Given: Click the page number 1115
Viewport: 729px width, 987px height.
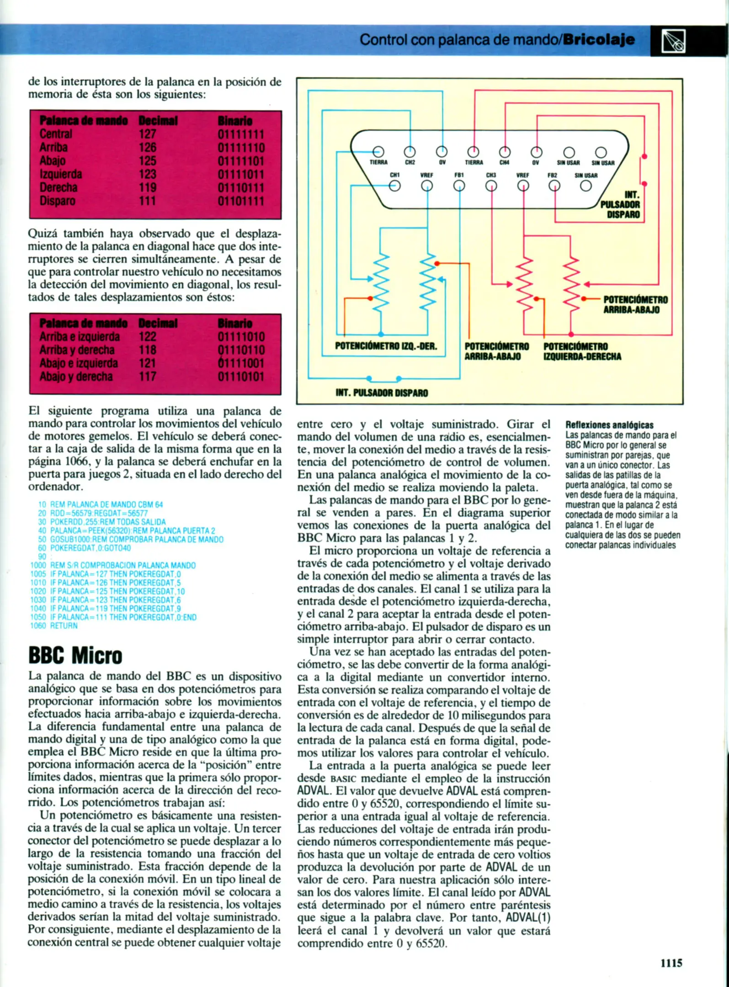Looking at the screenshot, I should coord(671,963).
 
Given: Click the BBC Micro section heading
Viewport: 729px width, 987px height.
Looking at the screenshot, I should coord(75,655).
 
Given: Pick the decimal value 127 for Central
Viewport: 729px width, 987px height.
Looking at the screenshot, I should coord(147,134).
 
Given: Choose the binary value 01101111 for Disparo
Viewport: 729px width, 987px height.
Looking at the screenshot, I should coord(241,201).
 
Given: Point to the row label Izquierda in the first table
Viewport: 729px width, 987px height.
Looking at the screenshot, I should coord(61,175).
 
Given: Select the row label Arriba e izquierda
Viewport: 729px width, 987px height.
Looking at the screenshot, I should coord(80,337).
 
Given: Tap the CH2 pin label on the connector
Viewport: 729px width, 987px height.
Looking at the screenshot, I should coord(410,162).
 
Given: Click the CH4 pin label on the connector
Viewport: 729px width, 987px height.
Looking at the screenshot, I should coord(504,162).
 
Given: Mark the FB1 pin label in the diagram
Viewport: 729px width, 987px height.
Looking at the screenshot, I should coord(459,175).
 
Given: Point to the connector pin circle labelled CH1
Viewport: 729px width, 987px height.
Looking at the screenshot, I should coord(394,186).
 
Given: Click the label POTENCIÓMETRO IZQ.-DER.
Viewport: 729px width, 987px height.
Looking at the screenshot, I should coord(386,346).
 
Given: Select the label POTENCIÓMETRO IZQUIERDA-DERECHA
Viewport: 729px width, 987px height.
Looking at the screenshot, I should coord(582,351).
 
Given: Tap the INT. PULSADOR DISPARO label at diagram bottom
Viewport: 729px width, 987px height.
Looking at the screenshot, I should coord(382,393).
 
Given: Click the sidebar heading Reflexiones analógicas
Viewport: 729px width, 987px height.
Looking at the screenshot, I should coord(609,425).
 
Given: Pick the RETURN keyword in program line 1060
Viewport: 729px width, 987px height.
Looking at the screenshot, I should coord(64,626).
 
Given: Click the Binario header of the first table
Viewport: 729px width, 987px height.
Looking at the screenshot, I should coord(235,121).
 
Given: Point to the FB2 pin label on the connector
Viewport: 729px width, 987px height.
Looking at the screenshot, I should coord(553,175).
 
